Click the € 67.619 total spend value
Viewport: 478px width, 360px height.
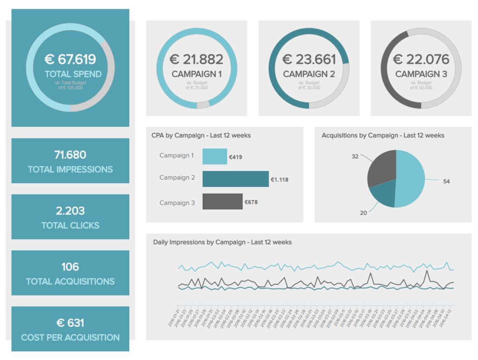[x=70, y=59]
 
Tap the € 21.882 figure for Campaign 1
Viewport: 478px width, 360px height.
[x=197, y=59]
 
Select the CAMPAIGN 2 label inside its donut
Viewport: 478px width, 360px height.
[x=309, y=74]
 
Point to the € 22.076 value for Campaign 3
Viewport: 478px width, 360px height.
[x=421, y=59]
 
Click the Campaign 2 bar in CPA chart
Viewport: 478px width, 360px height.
[x=235, y=178]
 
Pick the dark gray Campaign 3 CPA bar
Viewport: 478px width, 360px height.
[x=222, y=201]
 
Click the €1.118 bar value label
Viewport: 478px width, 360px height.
[x=280, y=180]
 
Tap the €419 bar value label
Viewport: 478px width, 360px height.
[x=235, y=158]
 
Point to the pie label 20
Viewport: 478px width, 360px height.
[x=363, y=213]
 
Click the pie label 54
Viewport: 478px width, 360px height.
[x=446, y=181]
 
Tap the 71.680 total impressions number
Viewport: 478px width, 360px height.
[x=70, y=155]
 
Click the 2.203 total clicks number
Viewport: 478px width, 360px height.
[x=70, y=211]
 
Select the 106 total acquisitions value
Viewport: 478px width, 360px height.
[x=70, y=267]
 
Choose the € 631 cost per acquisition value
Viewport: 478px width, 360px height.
[x=70, y=323]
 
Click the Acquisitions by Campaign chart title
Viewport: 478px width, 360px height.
[x=383, y=135]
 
